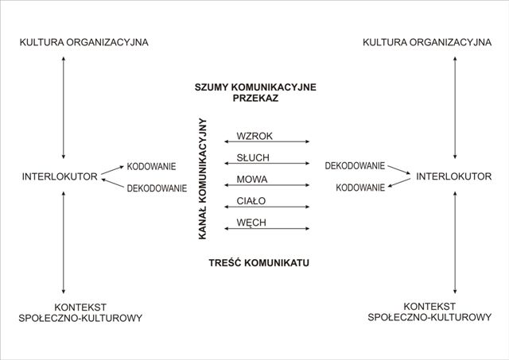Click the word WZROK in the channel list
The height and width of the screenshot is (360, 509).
pos(254,136)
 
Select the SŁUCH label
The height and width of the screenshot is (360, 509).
pos(254,157)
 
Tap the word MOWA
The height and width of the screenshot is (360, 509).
pos(251,179)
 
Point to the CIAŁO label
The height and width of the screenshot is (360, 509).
pos(251,200)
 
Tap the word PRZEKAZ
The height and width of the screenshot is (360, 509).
pos(255,99)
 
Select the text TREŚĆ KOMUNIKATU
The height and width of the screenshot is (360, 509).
pos(259,262)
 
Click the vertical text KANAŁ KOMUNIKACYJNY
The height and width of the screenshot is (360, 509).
pos(203,179)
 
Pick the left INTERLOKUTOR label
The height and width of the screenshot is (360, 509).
pos(60,176)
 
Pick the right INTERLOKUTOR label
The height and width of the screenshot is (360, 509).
pos(454,176)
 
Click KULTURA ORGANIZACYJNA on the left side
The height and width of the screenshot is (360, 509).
pos(84,41)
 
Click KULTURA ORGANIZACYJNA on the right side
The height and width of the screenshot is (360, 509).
pos(427,41)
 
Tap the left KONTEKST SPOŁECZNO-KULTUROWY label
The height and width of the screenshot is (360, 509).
pos(80,312)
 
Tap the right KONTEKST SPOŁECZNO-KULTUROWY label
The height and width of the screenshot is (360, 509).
pos(429,312)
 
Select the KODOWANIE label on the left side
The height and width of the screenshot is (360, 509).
pos(152,167)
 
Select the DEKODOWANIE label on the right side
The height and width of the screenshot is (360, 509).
pos(355,166)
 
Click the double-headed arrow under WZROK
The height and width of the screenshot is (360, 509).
pos(267,142)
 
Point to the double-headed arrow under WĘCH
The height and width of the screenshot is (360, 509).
pos(267,229)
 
